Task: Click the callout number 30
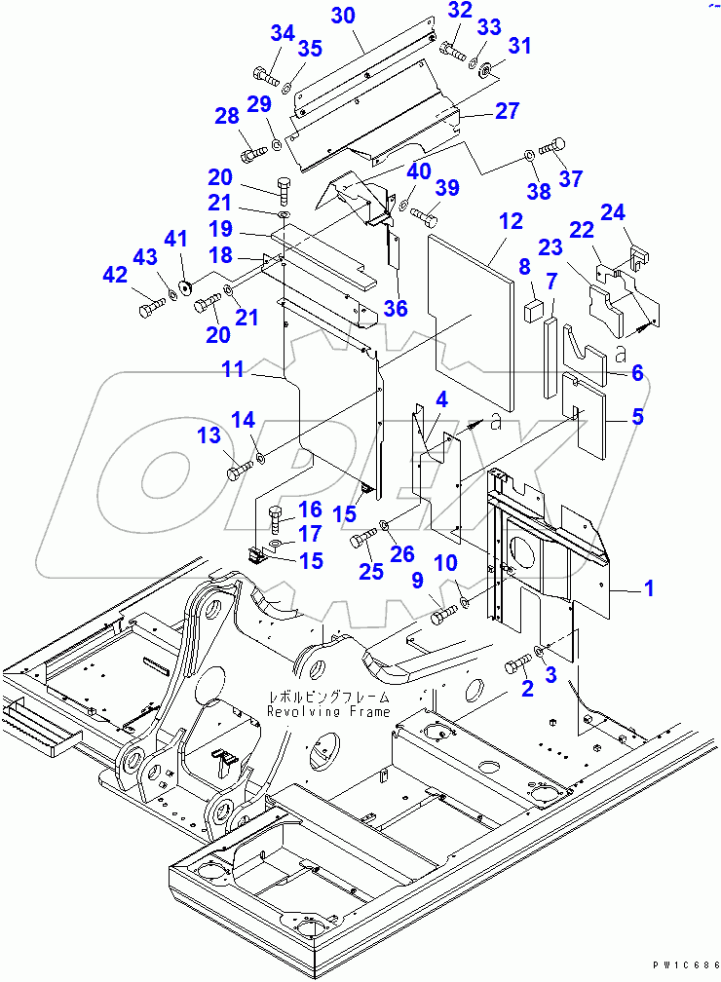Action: pyautogui.click(x=342, y=16)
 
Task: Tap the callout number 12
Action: pyautogui.click(x=511, y=223)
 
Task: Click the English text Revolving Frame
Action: pyautogui.click(x=329, y=711)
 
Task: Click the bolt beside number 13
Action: pyautogui.click(x=239, y=472)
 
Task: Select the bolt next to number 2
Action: pyautogui.click(x=517, y=667)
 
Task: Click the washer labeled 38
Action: pyautogui.click(x=527, y=154)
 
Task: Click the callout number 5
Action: pyautogui.click(x=637, y=417)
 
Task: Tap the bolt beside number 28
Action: pyautogui.click(x=252, y=153)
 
